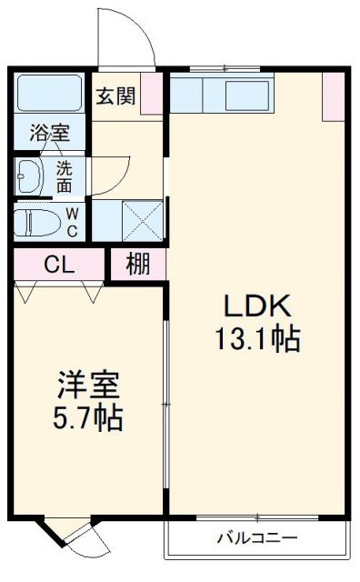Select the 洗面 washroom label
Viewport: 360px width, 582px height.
(x=65, y=176)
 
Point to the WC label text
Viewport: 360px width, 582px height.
(x=74, y=222)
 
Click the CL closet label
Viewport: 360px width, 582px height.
(x=59, y=266)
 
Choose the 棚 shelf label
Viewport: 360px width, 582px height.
(x=138, y=266)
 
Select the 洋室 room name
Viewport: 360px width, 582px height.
(x=88, y=386)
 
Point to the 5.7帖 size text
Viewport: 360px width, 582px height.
(x=88, y=420)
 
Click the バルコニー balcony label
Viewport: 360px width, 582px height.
(x=256, y=537)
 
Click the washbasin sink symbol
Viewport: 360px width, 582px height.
(x=32, y=176)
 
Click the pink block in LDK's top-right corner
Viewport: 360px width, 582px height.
(x=333, y=95)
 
